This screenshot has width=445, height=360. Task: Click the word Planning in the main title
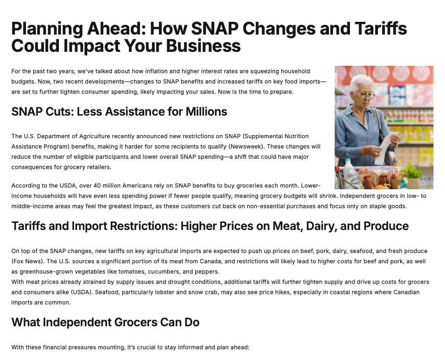coord(47,29)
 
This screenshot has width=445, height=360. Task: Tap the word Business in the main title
coord(203,46)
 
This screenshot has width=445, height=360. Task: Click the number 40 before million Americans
coord(97,186)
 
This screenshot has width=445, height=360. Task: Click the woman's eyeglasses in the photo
coord(367,95)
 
